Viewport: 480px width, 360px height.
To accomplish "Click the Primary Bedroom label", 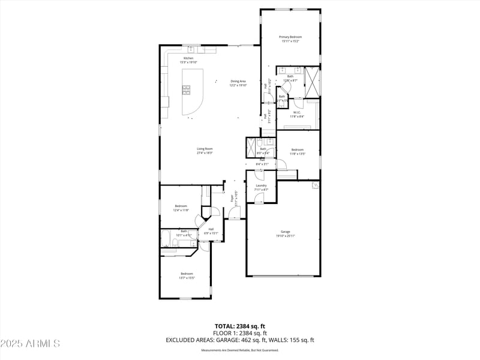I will tap(290, 37).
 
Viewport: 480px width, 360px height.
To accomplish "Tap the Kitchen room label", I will tap(188, 58).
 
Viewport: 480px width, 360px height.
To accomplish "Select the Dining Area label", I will tap(238, 81).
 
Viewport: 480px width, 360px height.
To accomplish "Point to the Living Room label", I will tap(205, 149).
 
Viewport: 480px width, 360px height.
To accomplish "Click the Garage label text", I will tap(285, 232).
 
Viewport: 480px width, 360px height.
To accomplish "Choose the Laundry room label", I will tap(261, 185).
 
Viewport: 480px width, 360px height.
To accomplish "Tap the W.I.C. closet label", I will tap(297, 112).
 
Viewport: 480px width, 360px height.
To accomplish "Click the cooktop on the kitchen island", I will tap(187, 90).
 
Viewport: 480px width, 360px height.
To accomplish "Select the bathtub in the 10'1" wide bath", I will tap(166, 239).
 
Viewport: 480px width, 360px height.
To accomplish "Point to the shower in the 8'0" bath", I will tap(251, 148).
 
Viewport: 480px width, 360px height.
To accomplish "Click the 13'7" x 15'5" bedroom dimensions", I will tap(187, 278).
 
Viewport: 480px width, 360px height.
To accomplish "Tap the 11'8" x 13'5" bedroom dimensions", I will tap(298, 154).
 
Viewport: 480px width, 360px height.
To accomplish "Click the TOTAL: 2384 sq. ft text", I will tap(240, 326).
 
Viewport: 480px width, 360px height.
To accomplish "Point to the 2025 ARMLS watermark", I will tap(30, 344).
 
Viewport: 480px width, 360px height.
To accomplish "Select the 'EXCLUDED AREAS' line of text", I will tap(240, 340).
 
